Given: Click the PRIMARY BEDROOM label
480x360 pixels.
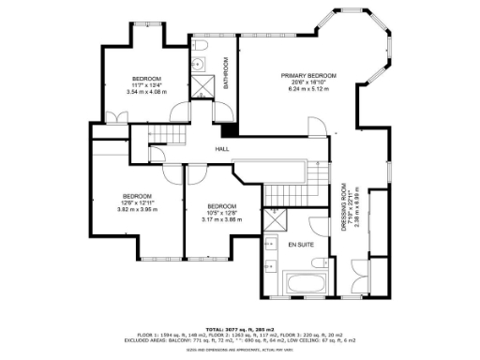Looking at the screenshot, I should pos(308,75).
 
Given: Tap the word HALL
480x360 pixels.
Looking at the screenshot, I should pos(222,149).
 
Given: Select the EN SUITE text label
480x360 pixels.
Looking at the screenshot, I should pos(300,244).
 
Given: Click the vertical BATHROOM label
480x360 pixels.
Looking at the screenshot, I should pos(226,72).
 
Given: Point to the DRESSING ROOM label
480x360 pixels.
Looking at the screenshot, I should pos(343,207).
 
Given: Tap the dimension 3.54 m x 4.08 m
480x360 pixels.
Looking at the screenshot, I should pos(146,93).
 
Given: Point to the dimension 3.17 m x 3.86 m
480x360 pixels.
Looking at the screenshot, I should pos(221,220).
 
